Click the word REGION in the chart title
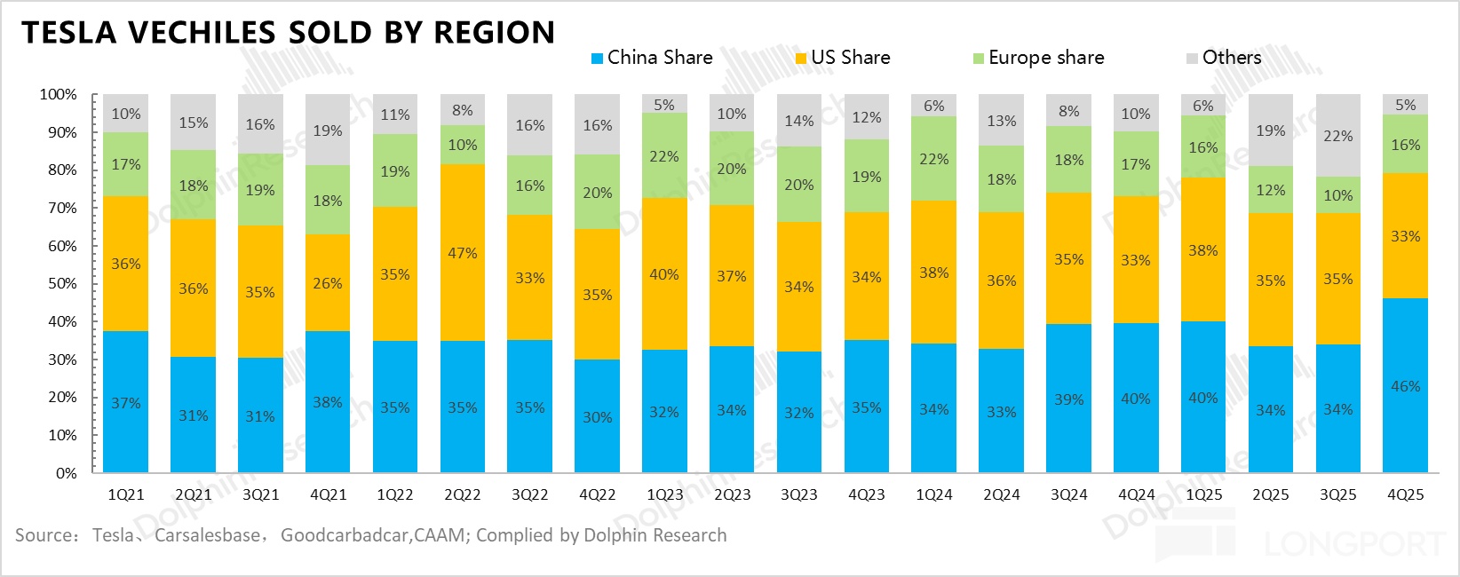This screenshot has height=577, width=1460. tap(494, 33)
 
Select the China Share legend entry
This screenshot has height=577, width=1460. tap(652, 58)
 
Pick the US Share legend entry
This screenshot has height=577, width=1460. tap(843, 58)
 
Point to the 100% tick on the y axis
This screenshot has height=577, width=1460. tap(59, 94)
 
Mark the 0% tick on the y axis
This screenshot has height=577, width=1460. tap(67, 473)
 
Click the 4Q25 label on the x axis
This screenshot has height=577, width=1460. tap(1405, 494)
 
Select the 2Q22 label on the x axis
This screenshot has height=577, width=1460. tap(462, 494)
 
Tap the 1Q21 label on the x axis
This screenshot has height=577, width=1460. tap(125, 494)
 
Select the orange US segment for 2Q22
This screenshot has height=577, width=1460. tap(462, 284)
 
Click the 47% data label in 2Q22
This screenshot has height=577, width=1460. tap(462, 253)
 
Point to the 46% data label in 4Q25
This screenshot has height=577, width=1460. tap(1405, 386)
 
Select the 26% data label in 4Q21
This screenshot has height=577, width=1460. tap(327, 283)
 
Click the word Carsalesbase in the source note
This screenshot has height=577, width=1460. tap(208, 535)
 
